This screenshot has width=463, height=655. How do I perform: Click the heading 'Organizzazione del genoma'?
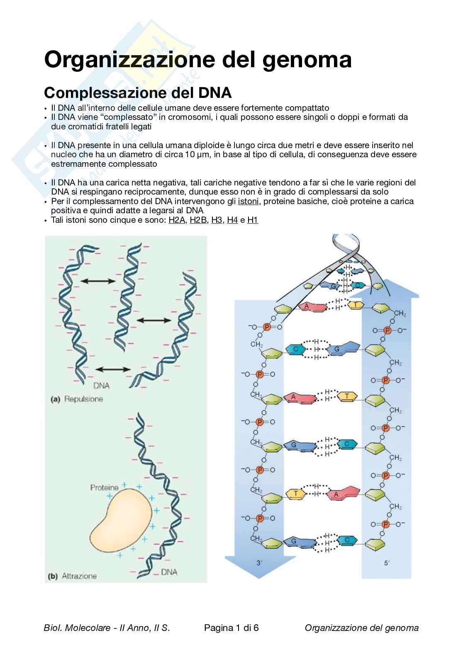click(198, 59)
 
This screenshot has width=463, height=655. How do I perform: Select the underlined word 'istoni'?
click(248, 202)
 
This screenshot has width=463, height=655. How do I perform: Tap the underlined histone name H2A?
click(177, 220)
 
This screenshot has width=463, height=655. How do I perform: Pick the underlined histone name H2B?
click(198, 220)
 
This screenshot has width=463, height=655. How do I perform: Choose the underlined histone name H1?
click(253, 220)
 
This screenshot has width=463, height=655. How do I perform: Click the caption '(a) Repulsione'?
click(76, 399)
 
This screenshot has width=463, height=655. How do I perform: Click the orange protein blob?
click(120, 523)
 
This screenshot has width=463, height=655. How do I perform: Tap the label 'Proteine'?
click(104, 488)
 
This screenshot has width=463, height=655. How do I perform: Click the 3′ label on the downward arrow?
click(259, 563)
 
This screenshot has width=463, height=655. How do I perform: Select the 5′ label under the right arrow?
click(387, 563)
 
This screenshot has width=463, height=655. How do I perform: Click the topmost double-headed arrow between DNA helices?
click(98, 281)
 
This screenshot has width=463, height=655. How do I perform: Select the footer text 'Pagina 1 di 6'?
click(231, 628)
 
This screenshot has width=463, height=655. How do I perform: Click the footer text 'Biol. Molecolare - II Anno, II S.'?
click(107, 628)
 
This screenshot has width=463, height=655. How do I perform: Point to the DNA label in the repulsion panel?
click(101, 386)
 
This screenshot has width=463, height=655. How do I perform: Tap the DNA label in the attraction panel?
click(169, 572)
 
